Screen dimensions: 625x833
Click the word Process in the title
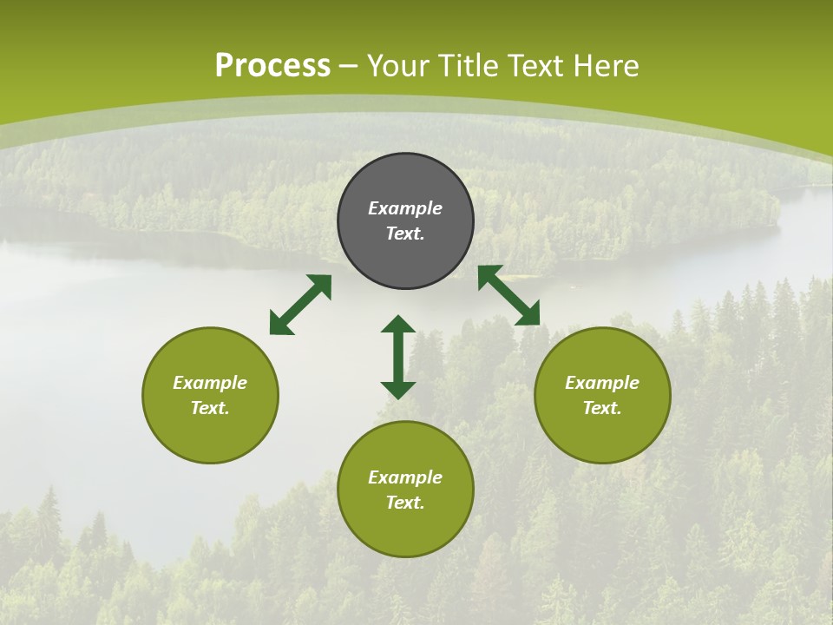272,66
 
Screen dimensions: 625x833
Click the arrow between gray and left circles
300,305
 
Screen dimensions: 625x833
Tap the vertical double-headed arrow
398,358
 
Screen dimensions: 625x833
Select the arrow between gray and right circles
508,295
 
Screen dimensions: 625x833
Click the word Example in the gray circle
405,208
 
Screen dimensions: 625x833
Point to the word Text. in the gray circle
405,234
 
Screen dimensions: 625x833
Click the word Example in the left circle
210,383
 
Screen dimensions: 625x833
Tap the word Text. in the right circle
602,408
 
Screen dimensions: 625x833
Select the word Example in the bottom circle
405,477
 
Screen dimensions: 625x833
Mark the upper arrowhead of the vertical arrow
398,325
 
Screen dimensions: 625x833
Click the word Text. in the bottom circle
405,503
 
